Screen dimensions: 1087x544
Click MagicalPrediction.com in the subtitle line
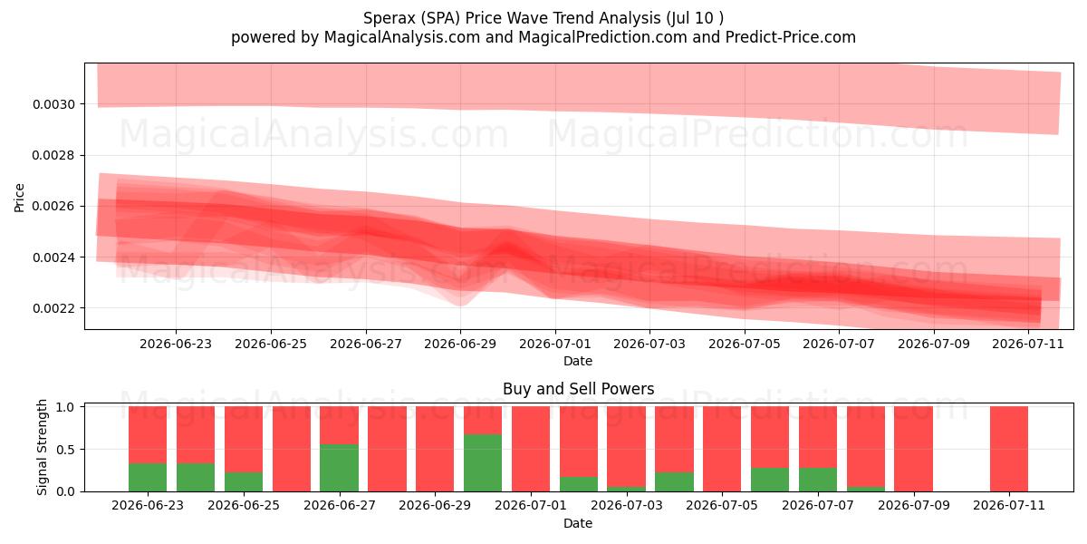coord(602,37)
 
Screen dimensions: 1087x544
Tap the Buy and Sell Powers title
coord(579,389)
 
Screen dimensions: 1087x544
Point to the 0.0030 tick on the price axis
coord(53,104)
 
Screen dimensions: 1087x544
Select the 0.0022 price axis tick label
coord(53,308)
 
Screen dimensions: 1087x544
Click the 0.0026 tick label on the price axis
coord(53,207)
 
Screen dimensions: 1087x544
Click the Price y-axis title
coord(19,199)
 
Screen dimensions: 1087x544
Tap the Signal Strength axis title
coord(42,447)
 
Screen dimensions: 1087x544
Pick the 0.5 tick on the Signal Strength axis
coord(65,450)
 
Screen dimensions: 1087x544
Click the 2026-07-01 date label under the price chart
coord(555,344)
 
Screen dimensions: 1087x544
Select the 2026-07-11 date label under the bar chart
coord(1009,505)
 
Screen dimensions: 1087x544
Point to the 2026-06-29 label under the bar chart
coord(435,505)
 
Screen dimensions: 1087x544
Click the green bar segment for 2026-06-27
coord(339,468)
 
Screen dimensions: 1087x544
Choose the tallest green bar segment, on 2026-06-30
coord(483,463)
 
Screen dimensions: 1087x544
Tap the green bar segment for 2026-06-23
coord(148,478)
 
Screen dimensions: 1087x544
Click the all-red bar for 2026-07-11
coord(1009,449)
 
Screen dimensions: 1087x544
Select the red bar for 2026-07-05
coord(722,449)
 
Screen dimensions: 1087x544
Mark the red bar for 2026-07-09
coord(914,449)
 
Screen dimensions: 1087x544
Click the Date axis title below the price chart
coord(578,361)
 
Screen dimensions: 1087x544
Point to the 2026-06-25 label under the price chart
coord(271,344)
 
